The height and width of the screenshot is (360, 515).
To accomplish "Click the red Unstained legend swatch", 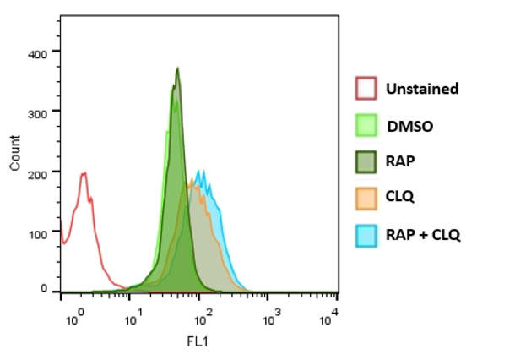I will tap(366, 88).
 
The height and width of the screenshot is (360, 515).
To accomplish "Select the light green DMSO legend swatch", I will tap(366, 125).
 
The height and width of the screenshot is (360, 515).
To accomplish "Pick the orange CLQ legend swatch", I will tap(366, 198).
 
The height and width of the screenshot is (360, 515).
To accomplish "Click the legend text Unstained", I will tap(422, 88).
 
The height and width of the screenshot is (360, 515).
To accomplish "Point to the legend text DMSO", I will tap(409, 126).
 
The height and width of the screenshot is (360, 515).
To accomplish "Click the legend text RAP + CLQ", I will tap(423, 234).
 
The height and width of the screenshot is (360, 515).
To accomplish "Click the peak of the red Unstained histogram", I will tap(84, 174).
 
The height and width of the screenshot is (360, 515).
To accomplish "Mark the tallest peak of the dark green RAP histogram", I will tap(177, 68).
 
